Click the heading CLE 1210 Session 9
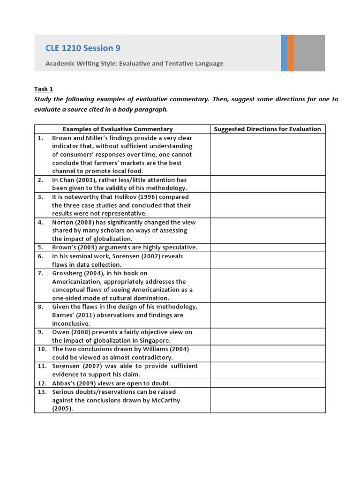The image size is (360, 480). click(79, 48)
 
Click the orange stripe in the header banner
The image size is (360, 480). click(291, 53)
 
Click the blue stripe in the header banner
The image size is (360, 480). click(284, 53)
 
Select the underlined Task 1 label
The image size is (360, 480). click(44, 89)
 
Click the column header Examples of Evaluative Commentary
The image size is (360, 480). click(118, 129)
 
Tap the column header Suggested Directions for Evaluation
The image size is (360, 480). click(267, 129)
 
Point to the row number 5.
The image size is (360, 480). click(41, 247)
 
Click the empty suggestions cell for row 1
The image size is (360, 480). click(267, 154)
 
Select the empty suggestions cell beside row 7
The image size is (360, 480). click(267, 285)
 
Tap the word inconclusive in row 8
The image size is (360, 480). click(71, 323)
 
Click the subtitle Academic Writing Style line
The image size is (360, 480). click(134, 63)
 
